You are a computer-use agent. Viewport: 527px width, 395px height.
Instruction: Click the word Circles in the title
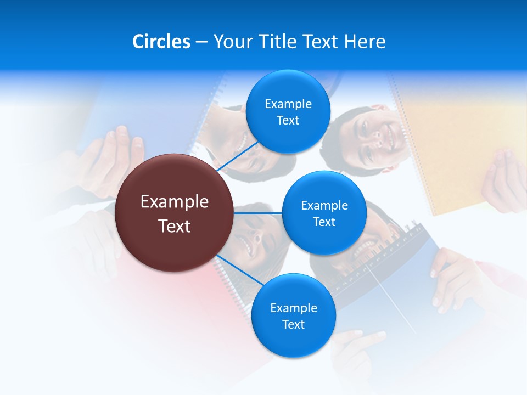[x=161, y=42]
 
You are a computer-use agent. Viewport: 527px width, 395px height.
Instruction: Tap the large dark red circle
[x=173, y=213]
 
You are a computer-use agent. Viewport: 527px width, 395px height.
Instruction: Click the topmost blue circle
[x=288, y=111]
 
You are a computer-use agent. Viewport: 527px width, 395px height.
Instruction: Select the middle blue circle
[x=324, y=213]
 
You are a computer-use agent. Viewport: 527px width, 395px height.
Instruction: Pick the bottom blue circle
[x=293, y=315]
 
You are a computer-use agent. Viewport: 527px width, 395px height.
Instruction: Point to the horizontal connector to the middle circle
[x=257, y=213]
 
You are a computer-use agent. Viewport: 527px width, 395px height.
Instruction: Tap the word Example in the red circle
[x=175, y=202]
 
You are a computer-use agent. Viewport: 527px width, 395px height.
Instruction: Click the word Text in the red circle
[x=175, y=226]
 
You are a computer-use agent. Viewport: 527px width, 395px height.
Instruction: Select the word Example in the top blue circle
[x=288, y=104]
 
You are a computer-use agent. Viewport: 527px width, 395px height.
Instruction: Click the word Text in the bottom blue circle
[x=293, y=324]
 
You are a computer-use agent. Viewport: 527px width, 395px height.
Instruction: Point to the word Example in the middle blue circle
[x=324, y=205]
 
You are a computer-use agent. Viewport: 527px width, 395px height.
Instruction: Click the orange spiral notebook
[x=456, y=143]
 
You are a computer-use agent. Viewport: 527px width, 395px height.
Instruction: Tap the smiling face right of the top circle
[x=373, y=137]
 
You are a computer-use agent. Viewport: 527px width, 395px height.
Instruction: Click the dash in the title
[x=201, y=42]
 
